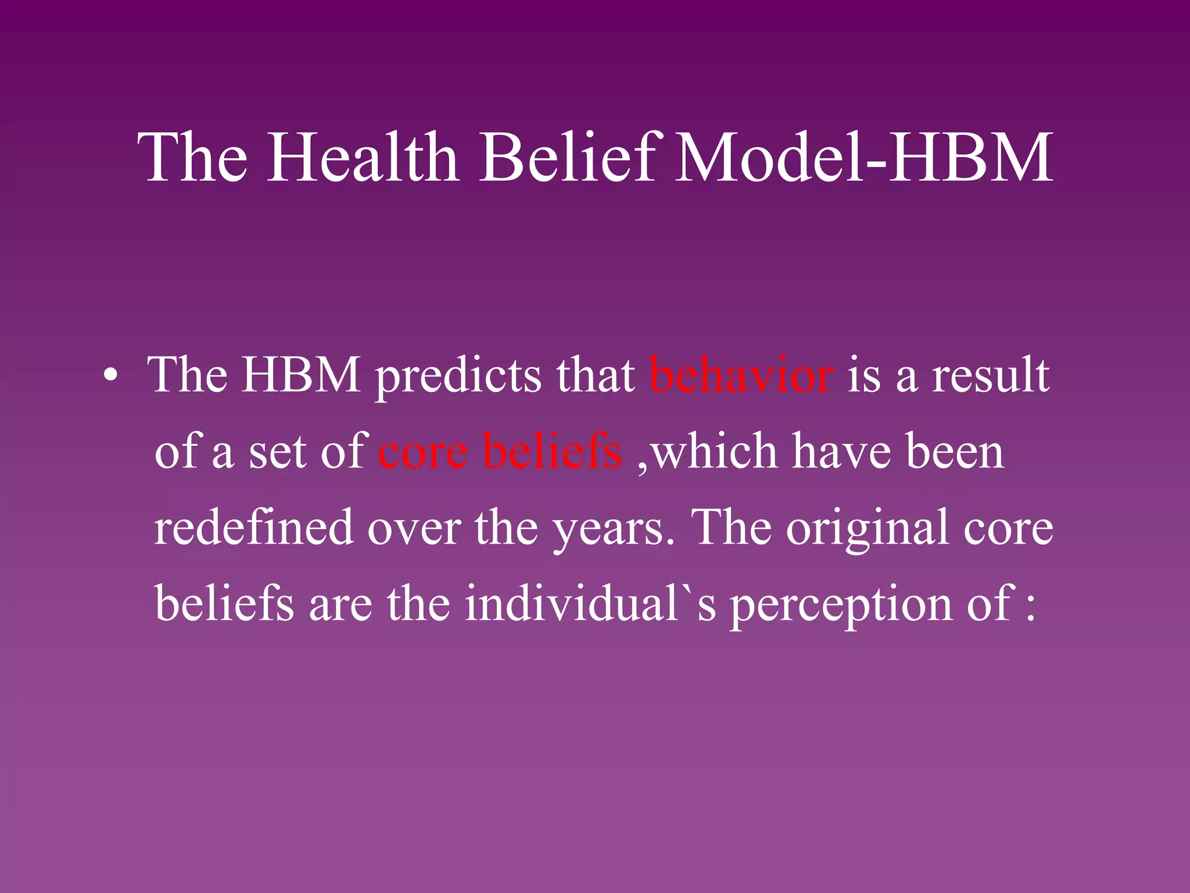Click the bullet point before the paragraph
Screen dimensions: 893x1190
click(x=110, y=377)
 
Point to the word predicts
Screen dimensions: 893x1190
click(x=459, y=377)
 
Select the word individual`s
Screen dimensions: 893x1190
click(x=590, y=603)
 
